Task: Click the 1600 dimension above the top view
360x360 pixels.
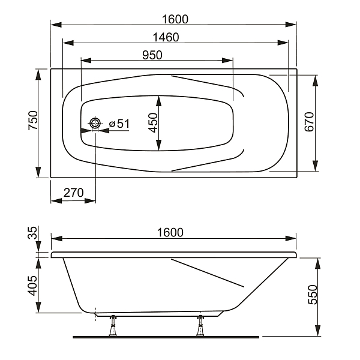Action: point(175,19)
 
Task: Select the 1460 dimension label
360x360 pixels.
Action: point(166,37)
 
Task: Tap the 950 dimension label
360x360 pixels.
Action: point(152,55)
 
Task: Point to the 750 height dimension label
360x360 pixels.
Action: point(33,121)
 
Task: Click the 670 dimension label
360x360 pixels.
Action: point(309,122)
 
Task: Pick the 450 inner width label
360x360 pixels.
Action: point(153,123)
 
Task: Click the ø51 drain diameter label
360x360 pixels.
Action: point(119,124)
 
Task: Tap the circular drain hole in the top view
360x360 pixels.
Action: point(95,124)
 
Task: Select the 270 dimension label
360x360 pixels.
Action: point(73,193)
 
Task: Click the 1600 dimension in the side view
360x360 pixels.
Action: point(170,233)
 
